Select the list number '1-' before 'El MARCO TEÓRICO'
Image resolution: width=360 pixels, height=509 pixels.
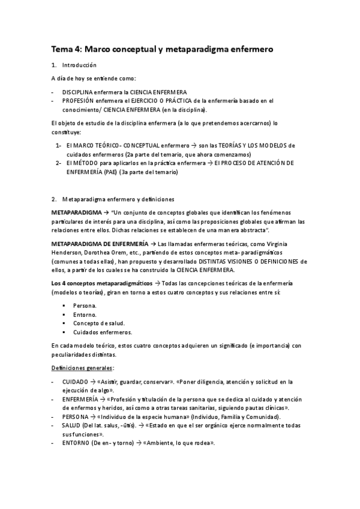pyautogui.click(x=58, y=146)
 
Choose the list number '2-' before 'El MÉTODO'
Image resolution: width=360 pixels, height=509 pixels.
pyautogui.click(x=58, y=163)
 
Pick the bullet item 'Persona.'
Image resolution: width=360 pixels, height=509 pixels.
pyautogui.click(x=85, y=306)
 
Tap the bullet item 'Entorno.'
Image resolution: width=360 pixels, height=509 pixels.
pyautogui.click(x=85, y=315)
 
